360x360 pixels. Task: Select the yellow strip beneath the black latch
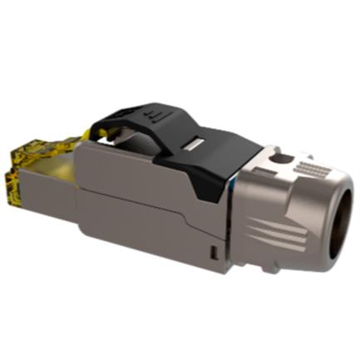[91, 133]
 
